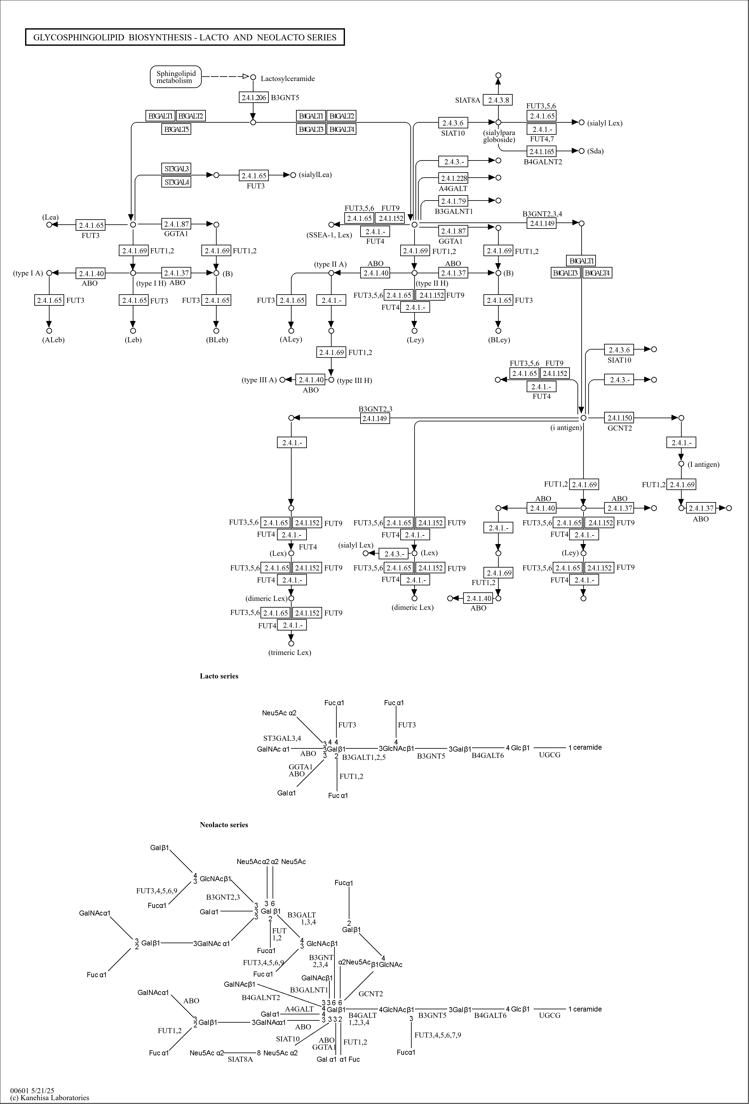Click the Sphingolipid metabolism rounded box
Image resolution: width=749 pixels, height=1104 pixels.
point(176,77)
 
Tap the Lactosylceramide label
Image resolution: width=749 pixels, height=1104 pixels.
point(287,79)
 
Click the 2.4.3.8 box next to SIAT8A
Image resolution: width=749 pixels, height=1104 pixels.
point(498,100)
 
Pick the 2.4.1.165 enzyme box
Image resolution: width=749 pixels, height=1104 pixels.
point(542,152)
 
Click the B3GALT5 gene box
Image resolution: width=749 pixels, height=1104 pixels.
point(176,129)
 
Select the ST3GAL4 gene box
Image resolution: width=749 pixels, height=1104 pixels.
point(176,182)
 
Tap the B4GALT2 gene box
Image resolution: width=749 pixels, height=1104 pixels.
point(341,116)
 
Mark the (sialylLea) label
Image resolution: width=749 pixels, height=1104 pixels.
point(315,175)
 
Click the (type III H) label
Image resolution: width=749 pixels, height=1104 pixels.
point(354,380)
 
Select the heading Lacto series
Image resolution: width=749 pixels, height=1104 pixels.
point(219,676)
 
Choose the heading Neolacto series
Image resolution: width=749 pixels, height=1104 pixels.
point(224,825)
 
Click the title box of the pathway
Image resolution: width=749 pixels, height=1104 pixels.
point(185,37)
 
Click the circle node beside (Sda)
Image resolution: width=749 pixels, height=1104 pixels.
point(581,151)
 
